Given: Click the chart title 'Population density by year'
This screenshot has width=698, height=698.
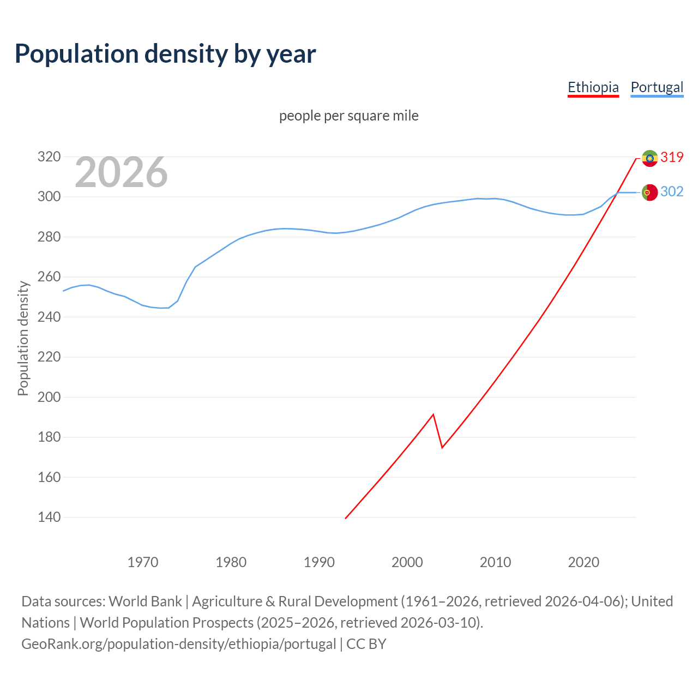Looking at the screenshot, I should [165, 54].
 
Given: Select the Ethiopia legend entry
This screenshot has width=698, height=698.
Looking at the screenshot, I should [593, 87].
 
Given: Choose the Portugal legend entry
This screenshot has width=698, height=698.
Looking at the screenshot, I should [657, 87].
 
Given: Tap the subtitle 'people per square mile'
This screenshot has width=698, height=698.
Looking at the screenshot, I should [348, 116].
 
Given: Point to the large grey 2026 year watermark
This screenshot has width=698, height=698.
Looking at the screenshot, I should [121, 172].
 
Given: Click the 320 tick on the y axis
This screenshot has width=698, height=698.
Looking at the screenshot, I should [49, 157].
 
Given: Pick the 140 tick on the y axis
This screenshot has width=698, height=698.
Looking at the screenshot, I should [49, 517].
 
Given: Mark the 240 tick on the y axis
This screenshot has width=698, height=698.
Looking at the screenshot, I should [49, 317].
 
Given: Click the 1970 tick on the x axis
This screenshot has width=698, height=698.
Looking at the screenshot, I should [143, 562].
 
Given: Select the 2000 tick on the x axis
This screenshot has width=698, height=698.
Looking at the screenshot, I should [407, 562].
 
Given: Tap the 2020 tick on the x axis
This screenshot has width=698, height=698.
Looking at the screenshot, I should [583, 562].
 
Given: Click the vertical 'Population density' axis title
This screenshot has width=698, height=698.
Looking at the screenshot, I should [23, 338].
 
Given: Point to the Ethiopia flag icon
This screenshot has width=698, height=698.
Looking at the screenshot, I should [649, 158].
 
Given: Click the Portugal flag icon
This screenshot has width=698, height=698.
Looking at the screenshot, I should [649, 192].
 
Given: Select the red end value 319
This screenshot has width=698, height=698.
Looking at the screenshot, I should [672, 157].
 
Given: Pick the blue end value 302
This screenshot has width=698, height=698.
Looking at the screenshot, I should [672, 191].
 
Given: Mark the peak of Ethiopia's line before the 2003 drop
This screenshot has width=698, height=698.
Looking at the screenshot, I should [433, 414].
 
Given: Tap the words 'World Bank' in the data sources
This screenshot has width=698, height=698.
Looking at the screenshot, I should [145, 601].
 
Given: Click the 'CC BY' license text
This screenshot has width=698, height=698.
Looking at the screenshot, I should [366, 644].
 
